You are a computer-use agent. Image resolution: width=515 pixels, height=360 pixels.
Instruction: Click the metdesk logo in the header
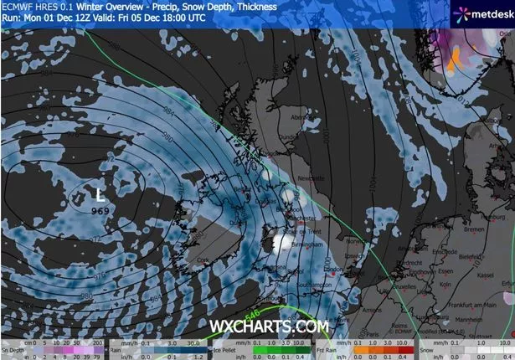[482, 14]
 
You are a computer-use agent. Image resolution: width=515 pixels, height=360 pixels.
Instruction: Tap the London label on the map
[336, 270]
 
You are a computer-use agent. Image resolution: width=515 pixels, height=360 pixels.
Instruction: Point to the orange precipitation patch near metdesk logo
[456, 59]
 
